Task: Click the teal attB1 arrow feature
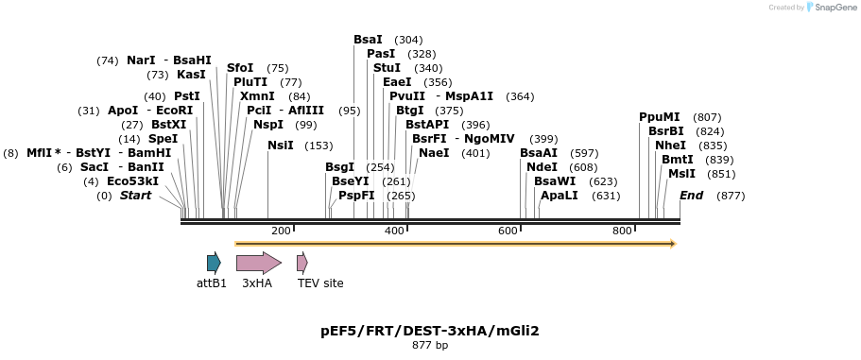click(x=214, y=263)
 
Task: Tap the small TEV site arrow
click(x=301, y=263)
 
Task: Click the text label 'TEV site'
click(x=320, y=283)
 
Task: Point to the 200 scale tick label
click(x=281, y=231)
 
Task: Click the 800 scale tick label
click(x=622, y=231)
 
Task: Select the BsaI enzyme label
click(x=368, y=40)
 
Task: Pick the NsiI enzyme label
click(x=281, y=146)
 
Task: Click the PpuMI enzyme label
click(x=659, y=117)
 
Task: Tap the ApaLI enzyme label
click(x=559, y=196)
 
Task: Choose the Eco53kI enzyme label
click(x=132, y=181)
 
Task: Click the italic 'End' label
click(x=691, y=196)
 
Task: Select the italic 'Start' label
click(x=135, y=196)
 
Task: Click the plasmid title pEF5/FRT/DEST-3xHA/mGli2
click(x=430, y=331)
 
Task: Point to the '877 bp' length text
click(x=430, y=346)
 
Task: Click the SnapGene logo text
click(x=836, y=8)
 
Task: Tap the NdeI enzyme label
click(x=542, y=167)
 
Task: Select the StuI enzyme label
click(x=387, y=68)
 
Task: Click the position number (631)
click(x=606, y=196)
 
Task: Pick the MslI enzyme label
click(x=681, y=174)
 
